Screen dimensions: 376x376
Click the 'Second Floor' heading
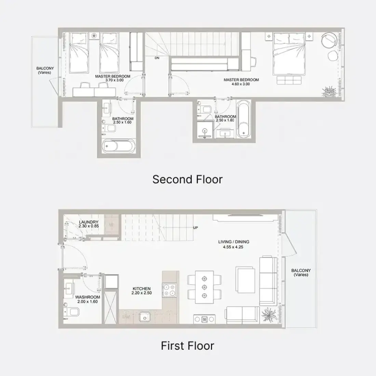coord(188,179)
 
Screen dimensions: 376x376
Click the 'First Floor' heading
coord(188,346)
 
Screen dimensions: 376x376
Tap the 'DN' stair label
coord(157,58)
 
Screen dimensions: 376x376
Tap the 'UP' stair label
coord(196,228)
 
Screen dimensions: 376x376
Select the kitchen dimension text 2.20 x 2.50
coord(142,293)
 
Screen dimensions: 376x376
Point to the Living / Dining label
coord(233,242)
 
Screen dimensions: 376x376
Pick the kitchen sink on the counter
coord(145,317)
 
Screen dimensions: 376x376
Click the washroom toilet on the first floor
coord(71,312)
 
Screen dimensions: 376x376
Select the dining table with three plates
coord(204,287)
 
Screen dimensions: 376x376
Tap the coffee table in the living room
coord(245,280)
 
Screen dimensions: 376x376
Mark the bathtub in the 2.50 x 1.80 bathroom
coord(244,119)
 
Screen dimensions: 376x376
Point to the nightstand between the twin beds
coord(94,36)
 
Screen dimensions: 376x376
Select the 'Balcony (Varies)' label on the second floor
coord(45,70)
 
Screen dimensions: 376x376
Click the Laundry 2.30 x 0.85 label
coord(89,224)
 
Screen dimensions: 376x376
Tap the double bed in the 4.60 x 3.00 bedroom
coord(289,54)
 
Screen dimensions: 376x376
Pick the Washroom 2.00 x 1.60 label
coord(88,299)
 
